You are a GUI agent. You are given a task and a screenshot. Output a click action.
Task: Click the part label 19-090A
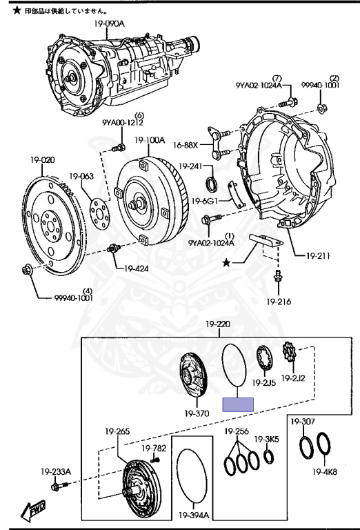[109, 24]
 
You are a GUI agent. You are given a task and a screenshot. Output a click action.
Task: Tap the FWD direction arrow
[32, 510]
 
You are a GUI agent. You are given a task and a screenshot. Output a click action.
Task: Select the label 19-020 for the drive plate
[42, 160]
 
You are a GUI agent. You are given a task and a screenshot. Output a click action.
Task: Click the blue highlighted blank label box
[238, 404]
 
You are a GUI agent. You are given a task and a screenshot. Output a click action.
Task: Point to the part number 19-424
[136, 269]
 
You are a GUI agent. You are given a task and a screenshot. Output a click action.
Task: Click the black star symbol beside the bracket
[226, 262]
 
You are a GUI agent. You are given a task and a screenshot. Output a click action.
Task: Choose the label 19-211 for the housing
[318, 255]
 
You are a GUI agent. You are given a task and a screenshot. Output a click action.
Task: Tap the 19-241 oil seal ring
[212, 183]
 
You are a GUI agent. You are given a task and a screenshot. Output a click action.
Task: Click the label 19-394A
[194, 515]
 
